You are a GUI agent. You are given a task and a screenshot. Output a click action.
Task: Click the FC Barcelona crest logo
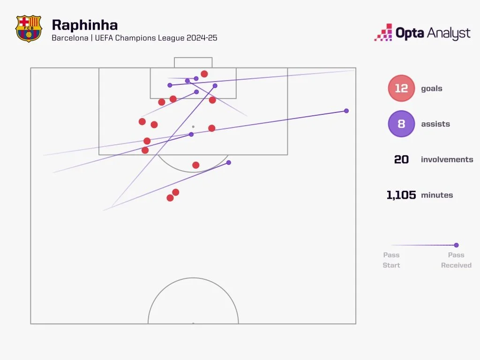click(29, 29)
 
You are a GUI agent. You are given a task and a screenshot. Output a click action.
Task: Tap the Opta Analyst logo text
click(433, 33)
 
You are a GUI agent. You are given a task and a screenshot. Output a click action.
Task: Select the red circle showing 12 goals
click(401, 88)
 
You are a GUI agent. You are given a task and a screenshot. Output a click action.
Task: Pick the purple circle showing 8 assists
click(401, 124)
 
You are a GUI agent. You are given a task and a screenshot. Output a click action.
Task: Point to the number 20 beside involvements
click(401, 159)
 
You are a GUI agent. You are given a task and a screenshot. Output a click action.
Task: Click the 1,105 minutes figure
click(401, 195)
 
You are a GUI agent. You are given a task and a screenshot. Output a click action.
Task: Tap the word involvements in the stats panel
click(447, 159)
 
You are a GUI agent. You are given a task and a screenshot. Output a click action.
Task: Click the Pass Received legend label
click(456, 260)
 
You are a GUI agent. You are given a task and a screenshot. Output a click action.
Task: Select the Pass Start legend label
click(391, 260)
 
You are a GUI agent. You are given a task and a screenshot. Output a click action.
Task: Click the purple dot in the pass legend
click(456, 245)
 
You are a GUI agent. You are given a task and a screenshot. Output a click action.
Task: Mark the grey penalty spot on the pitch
click(193, 127)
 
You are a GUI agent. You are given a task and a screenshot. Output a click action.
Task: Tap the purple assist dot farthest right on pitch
click(346, 111)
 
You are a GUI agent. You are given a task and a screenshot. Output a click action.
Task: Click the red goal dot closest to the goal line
click(204, 74)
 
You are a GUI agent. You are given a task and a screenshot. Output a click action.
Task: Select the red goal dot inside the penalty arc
click(196, 165)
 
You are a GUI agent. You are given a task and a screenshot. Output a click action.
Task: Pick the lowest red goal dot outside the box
click(170, 198)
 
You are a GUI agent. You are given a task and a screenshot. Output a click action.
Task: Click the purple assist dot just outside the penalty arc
click(229, 163)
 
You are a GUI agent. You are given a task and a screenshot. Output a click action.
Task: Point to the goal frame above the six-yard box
click(193, 62)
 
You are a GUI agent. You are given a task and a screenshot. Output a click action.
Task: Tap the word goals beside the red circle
click(432, 88)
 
